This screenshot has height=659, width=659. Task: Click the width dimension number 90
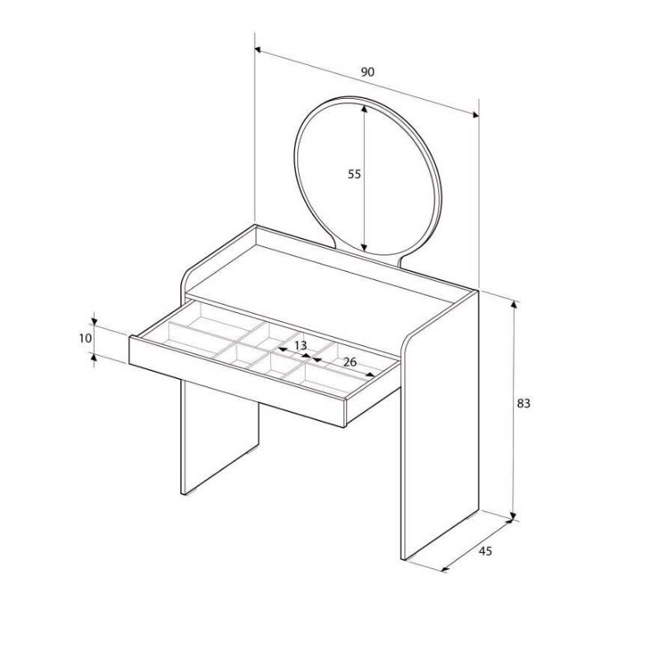pyautogui.click(x=368, y=72)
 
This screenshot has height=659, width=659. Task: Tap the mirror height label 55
pyautogui.click(x=354, y=174)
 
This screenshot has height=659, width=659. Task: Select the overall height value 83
pyautogui.click(x=523, y=404)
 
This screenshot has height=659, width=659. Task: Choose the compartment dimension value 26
pyautogui.click(x=348, y=362)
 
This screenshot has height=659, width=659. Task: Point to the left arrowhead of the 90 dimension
pyautogui.click(x=259, y=50)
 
